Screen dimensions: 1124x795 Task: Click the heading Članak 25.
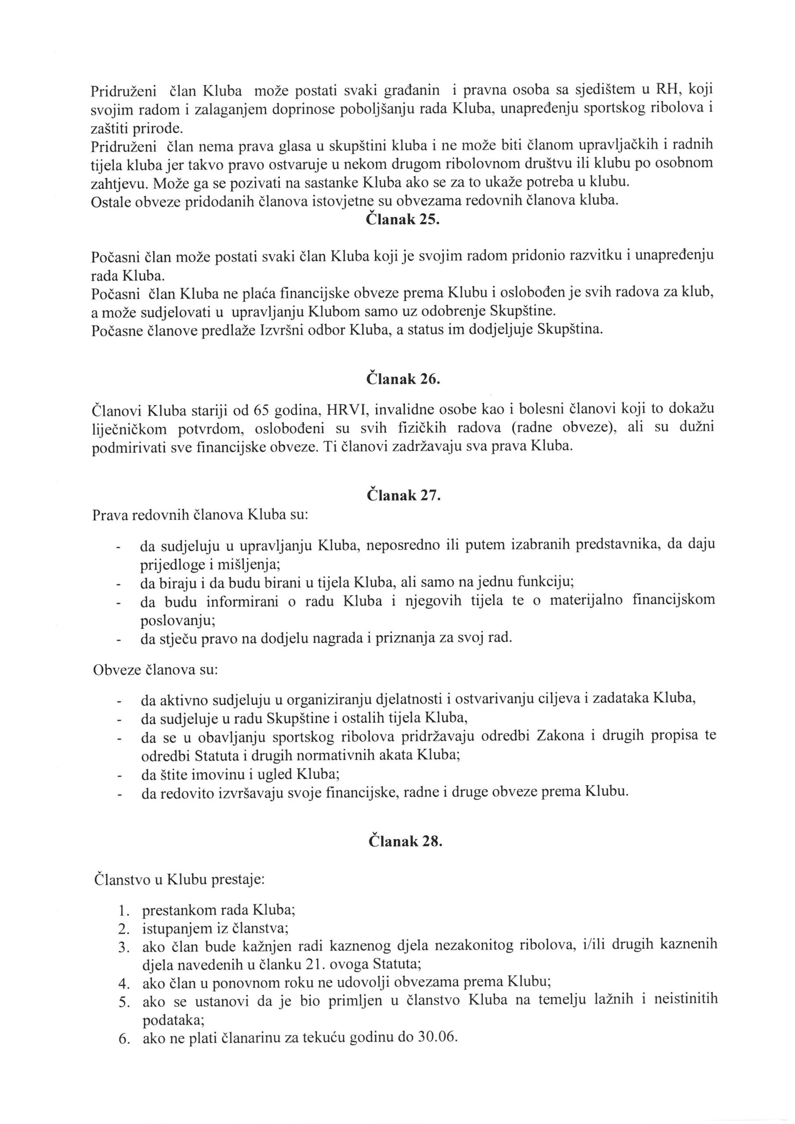pos(403,220)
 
